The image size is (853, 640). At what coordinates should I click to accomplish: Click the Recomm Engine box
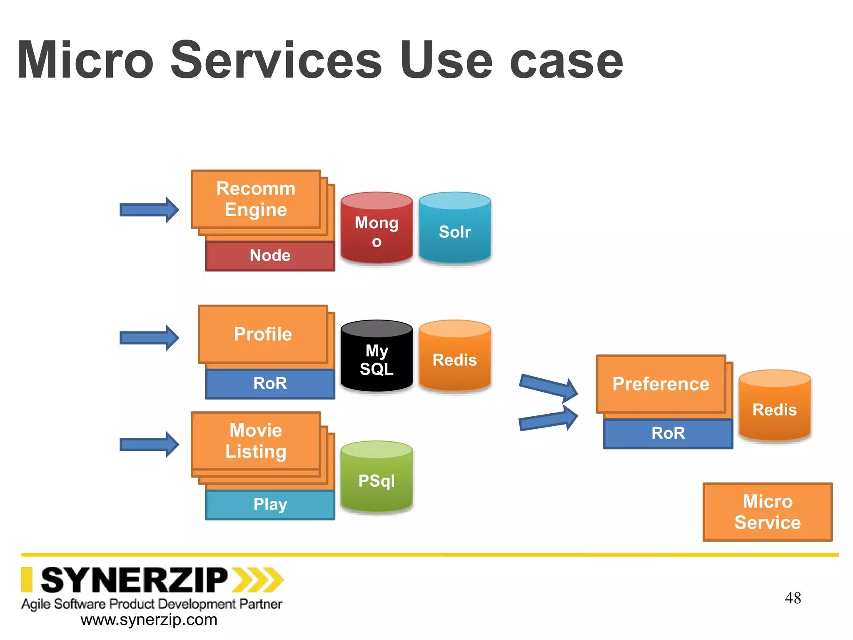pos(256,199)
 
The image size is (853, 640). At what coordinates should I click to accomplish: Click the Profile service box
pos(263,334)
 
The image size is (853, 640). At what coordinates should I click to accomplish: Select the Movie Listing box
pos(256,441)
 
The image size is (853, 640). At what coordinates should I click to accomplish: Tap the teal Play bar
pos(270,505)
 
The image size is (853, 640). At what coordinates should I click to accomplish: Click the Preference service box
pos(661,384)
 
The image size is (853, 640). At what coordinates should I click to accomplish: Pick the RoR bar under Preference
pos(668,433)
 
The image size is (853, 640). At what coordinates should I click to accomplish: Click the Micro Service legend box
pos(767,512)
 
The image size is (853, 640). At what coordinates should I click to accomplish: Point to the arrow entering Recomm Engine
pos(149,210)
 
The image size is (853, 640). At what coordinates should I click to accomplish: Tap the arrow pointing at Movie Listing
pos(149,445)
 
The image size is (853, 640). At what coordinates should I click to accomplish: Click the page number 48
pos(793,598)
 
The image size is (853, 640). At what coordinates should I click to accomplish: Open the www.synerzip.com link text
pos(149,620)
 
